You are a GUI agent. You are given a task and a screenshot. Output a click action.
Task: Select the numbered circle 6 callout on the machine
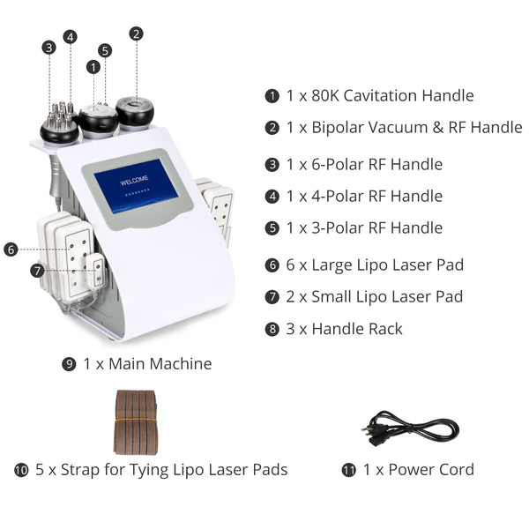tap(11, 250)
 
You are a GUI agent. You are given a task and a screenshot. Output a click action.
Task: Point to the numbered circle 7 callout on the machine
tap(37, 271)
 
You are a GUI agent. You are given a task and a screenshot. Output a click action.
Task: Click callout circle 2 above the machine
tap(136, 34)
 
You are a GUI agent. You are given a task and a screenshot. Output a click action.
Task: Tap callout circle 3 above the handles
tap(48, 48)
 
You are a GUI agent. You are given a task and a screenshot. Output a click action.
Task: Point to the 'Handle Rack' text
tap(353, 328)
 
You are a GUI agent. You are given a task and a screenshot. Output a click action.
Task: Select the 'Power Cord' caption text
tap(416, 469)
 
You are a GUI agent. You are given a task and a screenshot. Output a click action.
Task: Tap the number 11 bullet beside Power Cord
tap(349, 470)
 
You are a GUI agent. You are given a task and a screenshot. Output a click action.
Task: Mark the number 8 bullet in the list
tap(272, 329)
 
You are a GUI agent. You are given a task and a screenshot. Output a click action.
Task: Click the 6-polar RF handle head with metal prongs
tap(59, 123)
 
